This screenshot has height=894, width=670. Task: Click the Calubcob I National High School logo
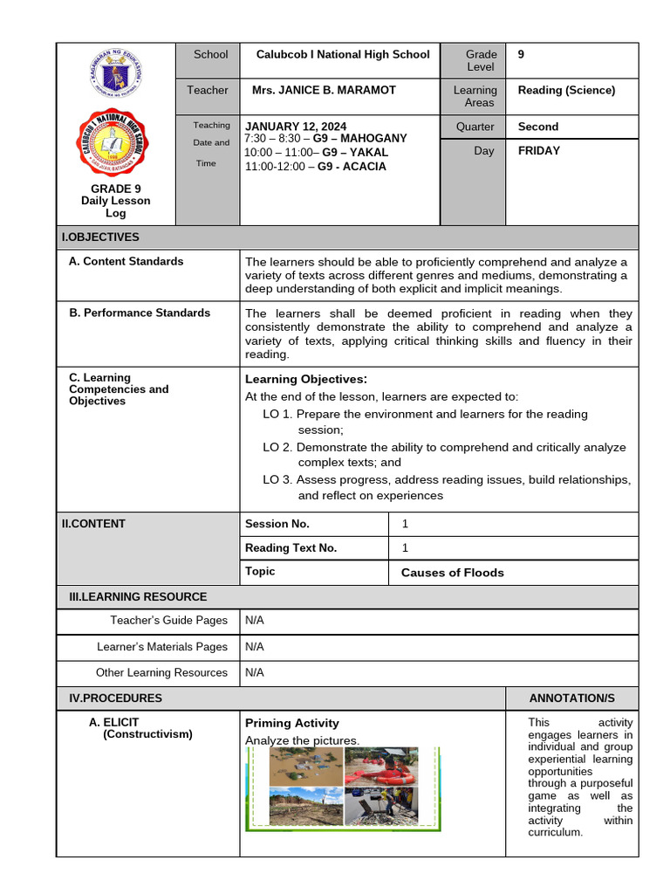pos(116,143)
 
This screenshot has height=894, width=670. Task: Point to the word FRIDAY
pos(539,150)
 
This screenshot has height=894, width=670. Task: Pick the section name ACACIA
pos(364,166)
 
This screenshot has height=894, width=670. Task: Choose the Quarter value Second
pos(537,126)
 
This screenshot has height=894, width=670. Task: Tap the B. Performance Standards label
pos(140,313)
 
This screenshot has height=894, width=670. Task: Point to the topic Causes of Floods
pos(452,573)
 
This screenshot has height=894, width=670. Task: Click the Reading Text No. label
pos(291,548)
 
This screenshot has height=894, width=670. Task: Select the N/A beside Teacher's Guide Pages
pos(254,621)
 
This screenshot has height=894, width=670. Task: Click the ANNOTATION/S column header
pos(571,698)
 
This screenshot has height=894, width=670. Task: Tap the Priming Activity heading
pos(292,723)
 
